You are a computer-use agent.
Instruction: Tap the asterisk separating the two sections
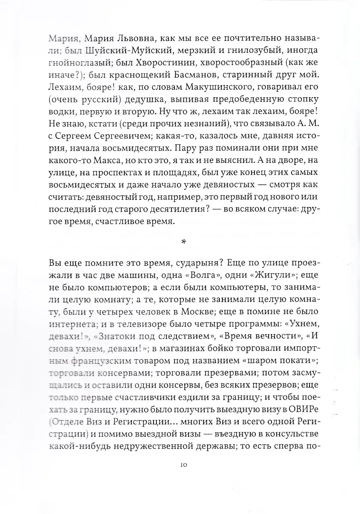point(180,242)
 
